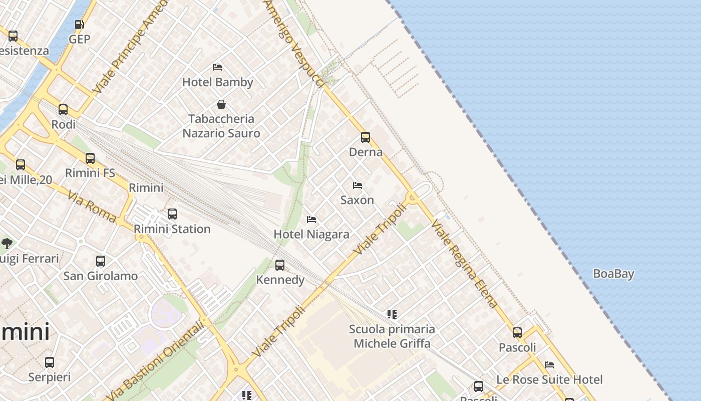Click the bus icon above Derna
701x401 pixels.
tap(366, 137)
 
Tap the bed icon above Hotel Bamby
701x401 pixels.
tap(217, 67)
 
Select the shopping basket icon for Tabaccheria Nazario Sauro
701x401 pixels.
tap(221, 104)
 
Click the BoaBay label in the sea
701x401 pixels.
tap(613, 274)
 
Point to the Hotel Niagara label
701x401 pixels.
tap(311, 234)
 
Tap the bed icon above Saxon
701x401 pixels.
tap(358, 185)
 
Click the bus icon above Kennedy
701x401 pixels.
tap(280, 265)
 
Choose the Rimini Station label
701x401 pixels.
tap(172, 229)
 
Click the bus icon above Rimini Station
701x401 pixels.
tap(172, 214)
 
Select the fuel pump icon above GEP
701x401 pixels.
tap(79, 25)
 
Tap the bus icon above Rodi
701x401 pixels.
tap(63, 110)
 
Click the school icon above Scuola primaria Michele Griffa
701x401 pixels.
tap(392, 314)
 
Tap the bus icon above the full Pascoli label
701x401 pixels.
tap(517, 332)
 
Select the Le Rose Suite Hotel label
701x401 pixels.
tap(549, 379)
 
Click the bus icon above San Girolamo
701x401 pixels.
tap(101, 261)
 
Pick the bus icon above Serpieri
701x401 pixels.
tap(50, 362)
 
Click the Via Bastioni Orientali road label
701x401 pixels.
tap(156, 361)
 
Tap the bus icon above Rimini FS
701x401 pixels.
tap(90, 158)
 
